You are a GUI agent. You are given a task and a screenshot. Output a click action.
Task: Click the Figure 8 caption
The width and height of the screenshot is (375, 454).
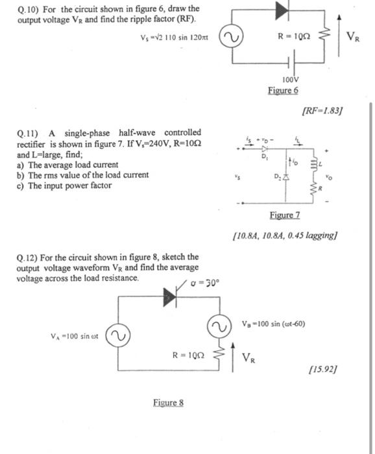(169, 403)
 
